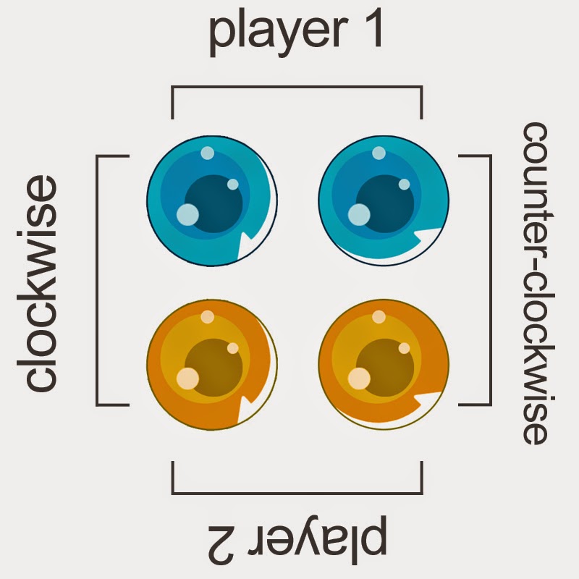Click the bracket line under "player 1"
[297, 88]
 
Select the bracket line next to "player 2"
[297, 491]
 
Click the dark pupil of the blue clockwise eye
[214, 203]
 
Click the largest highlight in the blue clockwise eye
[187, 214]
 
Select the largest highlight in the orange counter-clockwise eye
[359, 378]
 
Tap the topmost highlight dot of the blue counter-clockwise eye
[379, 153]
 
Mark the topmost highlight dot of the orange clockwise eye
[208, 316]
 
